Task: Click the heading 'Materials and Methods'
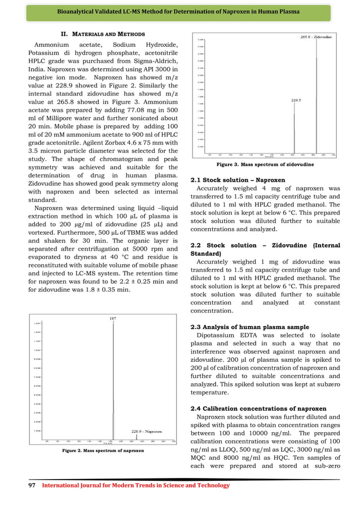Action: [103, 34]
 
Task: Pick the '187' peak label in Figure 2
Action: [113, 318]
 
